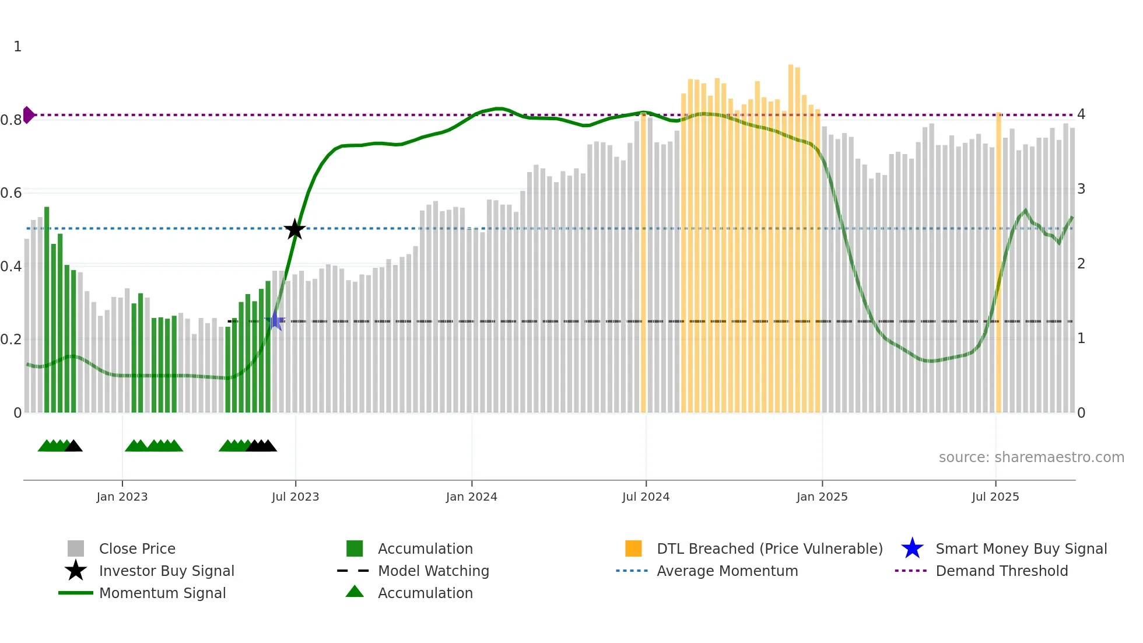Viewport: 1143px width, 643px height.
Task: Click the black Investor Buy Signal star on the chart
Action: [x=294, y=229]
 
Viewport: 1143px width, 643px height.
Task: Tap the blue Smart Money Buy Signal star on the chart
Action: [x=275, y=321]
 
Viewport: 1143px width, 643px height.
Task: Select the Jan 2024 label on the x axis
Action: [x=471, y=497]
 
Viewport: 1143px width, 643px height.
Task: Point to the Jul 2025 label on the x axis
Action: [x=995, y=497]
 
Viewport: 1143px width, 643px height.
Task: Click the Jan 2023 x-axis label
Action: [x=122, y=497]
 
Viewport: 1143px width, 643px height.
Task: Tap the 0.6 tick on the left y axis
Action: [x=11, y=193]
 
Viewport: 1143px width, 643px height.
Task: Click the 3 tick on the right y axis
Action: [x=1081, y=189]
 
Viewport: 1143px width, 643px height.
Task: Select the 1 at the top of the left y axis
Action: [x=17, y=47]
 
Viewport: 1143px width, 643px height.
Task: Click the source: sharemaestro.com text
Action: [x=1031, y=457]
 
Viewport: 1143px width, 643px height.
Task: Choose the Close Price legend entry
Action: [x=137, y=549]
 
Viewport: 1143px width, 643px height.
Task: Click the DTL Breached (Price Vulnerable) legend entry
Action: [x=769, y=549]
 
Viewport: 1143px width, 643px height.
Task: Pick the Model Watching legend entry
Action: [x=433, y=571]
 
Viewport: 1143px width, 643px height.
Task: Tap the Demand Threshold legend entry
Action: [x=1001, y=571]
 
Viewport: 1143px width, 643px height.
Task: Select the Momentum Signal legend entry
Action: [x=162, y=593]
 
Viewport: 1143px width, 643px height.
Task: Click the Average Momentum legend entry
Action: [x=727, y=571]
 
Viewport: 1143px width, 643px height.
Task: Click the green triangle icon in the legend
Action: [x=355, y=592]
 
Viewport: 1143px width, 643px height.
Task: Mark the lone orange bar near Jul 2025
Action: [x=999, y=263]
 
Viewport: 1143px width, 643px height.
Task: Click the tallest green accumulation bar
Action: [x=47, y=309]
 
